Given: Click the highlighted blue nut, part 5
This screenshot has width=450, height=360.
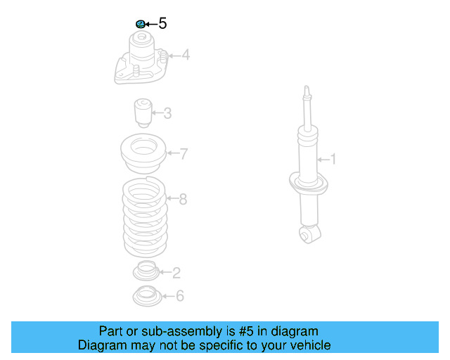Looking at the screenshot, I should pos(140,24).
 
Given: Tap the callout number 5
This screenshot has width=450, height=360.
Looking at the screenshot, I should pos(162,24).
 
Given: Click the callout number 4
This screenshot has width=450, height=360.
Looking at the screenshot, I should pos(186,54).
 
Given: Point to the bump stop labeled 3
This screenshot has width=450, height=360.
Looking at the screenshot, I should pos(143,112).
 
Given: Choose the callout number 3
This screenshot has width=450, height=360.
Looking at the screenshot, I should pos(167,112).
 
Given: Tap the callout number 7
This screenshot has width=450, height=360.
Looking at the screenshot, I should pos(184,154).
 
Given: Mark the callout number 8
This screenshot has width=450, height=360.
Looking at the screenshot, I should pos(183,200).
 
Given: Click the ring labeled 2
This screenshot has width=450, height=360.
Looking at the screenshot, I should pos(146,270).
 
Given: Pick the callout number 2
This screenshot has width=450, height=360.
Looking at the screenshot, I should pos(176,273).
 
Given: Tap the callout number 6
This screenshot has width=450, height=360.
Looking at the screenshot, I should pos(180,296).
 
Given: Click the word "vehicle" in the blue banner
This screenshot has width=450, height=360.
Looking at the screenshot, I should pos(307,345).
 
